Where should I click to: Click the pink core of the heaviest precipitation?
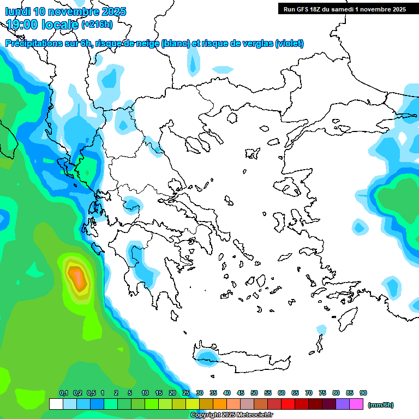point(79,279)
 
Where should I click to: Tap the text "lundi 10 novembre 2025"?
point(65,11)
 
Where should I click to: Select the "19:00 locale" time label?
point(43,24)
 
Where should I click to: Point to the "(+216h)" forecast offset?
point(97,24)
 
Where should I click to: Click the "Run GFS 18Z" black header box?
point(344,9)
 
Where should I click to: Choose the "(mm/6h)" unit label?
point(380,405)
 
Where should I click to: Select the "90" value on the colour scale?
point(363,393)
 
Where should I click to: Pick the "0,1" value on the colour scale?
point(63,393)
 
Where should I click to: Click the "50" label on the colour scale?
point(254,393)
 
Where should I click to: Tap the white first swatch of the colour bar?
point(56,404)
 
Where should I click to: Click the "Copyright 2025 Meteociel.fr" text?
point(231,415)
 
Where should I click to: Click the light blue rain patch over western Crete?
point(206,357)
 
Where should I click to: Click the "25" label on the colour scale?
point(186,393)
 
